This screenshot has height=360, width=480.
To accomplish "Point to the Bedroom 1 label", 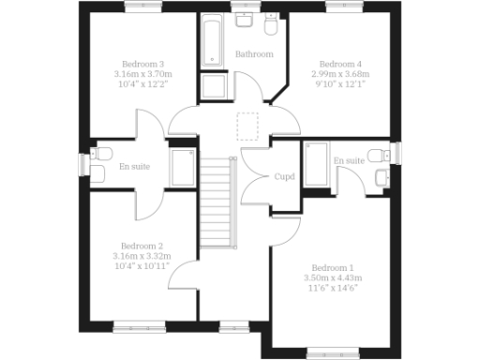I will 333,265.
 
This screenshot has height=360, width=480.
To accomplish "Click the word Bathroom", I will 254,54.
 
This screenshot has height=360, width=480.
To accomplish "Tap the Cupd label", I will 285,176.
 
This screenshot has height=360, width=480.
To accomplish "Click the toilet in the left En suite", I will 102,155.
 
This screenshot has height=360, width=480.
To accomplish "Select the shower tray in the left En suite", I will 182,168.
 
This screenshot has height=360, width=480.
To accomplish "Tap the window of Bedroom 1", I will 332,353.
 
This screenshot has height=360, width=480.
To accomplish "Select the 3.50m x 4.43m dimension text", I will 333,278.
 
